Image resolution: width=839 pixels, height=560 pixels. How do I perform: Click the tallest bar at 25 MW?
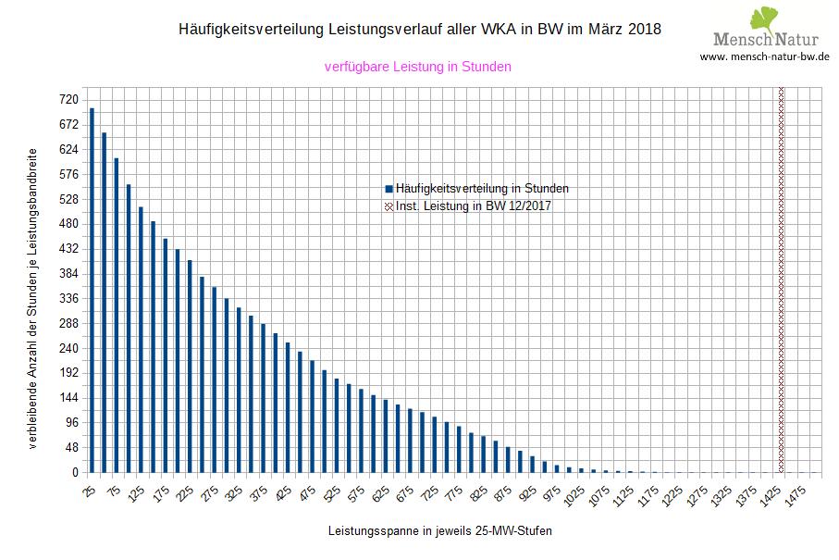[92, 290]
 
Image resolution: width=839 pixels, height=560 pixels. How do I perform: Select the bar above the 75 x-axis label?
[117, 315]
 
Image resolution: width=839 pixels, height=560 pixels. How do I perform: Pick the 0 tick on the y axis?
[77, 473]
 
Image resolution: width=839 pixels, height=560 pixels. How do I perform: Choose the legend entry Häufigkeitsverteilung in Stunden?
[481, 188]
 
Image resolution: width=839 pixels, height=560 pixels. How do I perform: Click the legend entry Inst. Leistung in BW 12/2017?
[473, 206]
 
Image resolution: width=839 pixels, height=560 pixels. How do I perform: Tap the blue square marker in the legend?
[389, 188]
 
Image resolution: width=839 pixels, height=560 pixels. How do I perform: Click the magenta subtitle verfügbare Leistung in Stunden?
[418, 67]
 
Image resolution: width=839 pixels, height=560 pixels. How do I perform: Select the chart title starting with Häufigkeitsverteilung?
[419, 30]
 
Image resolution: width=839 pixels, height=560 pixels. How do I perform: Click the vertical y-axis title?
[33, 300]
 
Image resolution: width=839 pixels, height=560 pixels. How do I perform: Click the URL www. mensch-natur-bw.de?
[764, 56]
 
